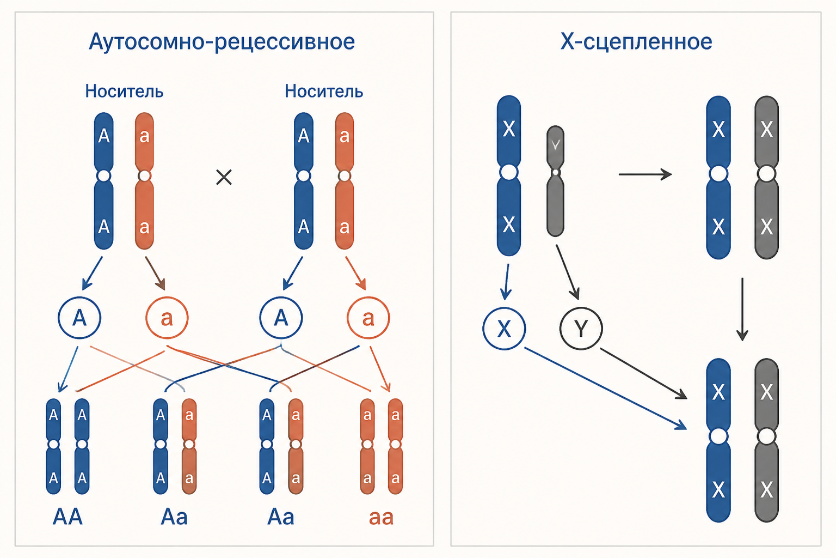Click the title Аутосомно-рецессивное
[x=222, y=42]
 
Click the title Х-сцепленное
[x=636, y=41]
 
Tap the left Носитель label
[x=124, y=91]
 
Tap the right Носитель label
[x=324, y=91]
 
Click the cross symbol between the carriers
[x=224, y=177]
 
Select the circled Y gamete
[x=581, y=329]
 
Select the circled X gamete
[x=504, y=329]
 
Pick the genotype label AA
[x=67, y=517]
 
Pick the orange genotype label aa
[x=381, y=518]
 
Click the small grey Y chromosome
[x=555, y=181]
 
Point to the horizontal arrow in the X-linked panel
[x=646, y=174]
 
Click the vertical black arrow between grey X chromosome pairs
[x=742, y=309]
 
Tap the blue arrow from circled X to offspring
[x=605, y=389]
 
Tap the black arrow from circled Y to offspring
[x=643, y=374]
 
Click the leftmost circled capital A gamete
[x=79, y=318]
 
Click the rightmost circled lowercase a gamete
[x=368, y=318]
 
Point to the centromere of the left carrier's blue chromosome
[x=104, y=175]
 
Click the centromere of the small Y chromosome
[x=555, y=172]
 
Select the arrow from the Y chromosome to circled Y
[x=568, y=272]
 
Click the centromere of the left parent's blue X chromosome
[x=509, y=172]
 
